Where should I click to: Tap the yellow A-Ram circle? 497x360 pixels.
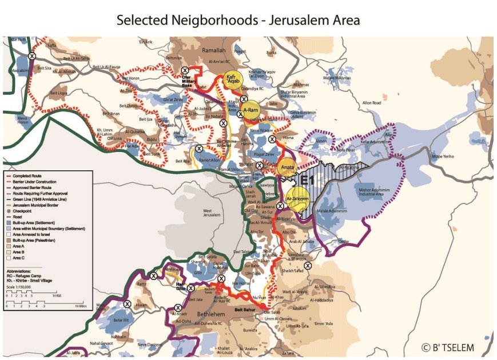[x=251, y=110]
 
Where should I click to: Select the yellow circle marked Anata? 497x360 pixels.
[x=287, y=168]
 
